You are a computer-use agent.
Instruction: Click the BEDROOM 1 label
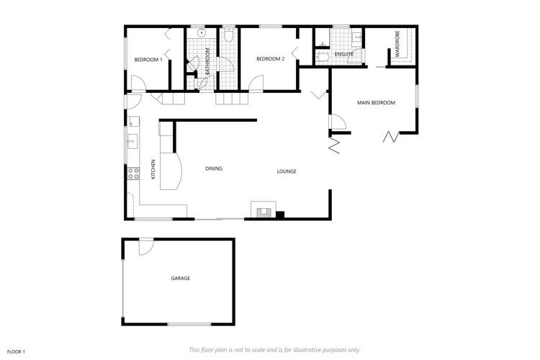tap(148, 59)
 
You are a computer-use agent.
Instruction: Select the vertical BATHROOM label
tap(207, 61)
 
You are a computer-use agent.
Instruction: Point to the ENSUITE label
tap(343, 54)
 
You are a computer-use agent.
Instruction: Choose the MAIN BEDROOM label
tap(377, 103)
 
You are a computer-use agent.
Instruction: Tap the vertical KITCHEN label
tap(153, 169)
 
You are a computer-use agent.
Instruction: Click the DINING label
tap(214, 168)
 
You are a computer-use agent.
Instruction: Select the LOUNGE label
tap(287, 171)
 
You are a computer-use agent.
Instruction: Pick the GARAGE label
tap(180, 278)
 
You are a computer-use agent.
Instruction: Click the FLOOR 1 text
tap(16, 351)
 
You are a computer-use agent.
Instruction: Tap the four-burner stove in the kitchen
tap(133, 173)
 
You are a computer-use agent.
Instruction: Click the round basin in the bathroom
tap(202, 32)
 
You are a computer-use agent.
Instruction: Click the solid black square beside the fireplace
tap(281, 213)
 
